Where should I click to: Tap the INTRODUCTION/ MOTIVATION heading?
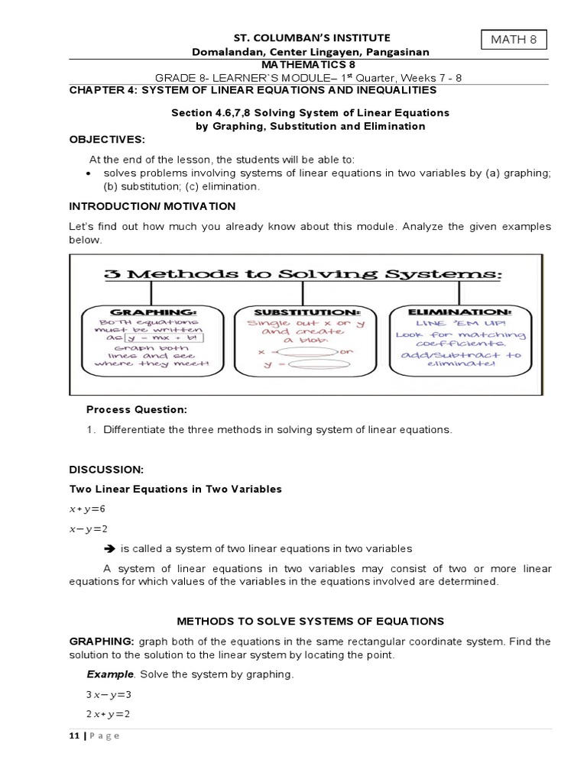pos(153,206)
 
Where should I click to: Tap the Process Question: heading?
pos(136,410)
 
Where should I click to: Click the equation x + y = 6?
pos(87,509)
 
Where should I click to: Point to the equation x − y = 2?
pos(88,528)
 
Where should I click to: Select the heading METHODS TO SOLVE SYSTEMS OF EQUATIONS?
pos(310,622)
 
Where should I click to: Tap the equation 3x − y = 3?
pos(109,695)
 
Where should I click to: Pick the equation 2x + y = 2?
pos(109,714)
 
